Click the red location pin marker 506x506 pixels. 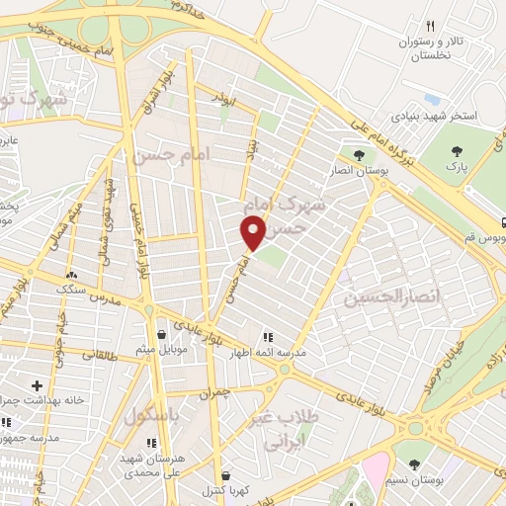pyautogui.click(x=253, y=232)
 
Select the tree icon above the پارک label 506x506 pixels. pyautogui.click(x=456, y=150)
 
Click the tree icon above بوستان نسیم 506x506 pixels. pyautogui.click(x=414, y=464)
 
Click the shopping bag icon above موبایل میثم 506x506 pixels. pyautogui.click(x=161, y=335)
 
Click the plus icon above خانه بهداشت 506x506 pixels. pyautogui.click(x=37, y=385)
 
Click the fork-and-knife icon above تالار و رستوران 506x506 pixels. pyautogui.click(x=430, y=27)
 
